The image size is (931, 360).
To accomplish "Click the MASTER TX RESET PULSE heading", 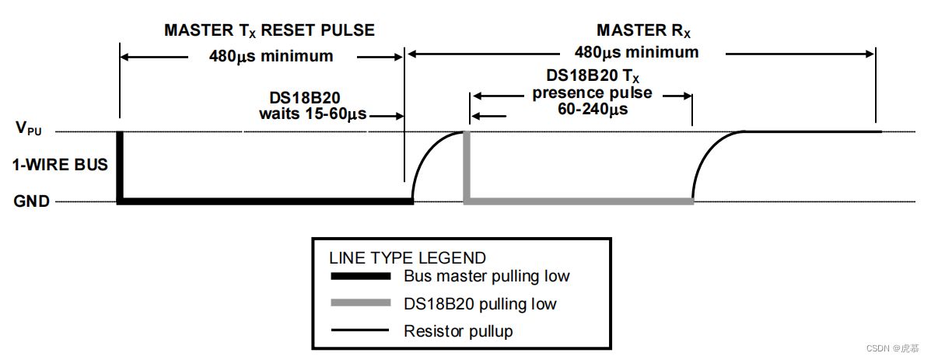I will coord(269,31).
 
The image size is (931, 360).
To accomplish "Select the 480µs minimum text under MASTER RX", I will coord(636,53).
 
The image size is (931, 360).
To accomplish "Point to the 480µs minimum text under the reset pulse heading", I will coord(271,56).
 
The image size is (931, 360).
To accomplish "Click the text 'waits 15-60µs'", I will coord(313,114).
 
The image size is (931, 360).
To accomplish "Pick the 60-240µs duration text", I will coord(593,110).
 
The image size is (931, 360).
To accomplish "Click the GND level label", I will coord(32,201).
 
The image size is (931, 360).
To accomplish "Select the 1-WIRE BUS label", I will coord(60,165).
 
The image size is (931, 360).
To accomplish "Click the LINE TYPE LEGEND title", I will coord(408,258).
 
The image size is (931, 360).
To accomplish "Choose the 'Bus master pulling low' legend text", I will coord(486,277).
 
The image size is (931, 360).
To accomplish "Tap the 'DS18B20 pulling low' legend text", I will coord(480,304).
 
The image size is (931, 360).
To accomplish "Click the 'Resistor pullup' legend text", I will coord(458,331).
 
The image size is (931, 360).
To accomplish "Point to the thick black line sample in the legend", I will coord(359,277).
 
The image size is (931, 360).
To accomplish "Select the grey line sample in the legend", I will coord(359,303).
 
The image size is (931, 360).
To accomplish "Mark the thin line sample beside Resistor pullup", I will coord(359,331).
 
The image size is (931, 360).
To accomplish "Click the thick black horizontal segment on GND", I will coord(264,201).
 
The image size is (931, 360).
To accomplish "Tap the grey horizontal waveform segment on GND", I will coord(579,201).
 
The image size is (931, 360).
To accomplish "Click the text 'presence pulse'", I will coord(592,93).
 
